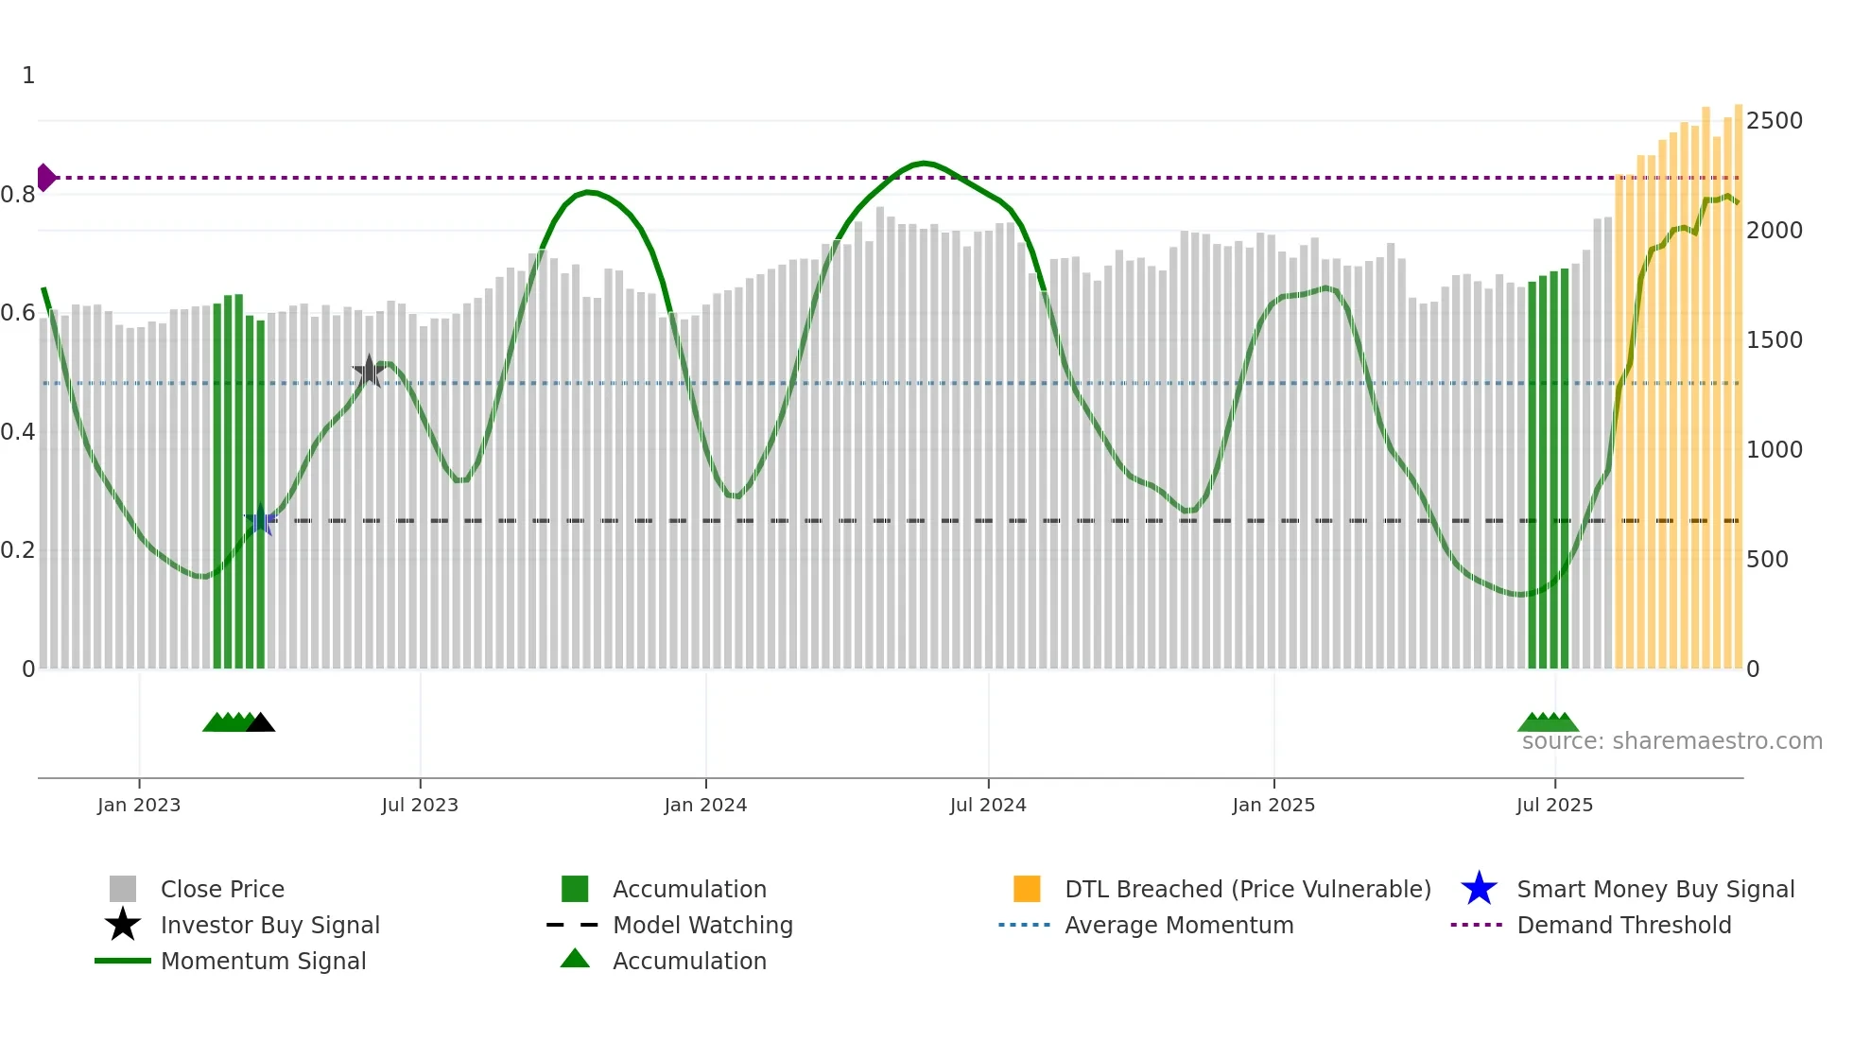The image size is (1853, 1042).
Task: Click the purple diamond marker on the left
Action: pyautogui.click(x=45, y=178)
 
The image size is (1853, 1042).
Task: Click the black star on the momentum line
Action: pyautogui.click(x=369, y=371)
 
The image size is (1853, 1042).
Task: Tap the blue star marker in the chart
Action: pyautogui.click(x=261, y=520)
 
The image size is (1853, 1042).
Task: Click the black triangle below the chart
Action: pyautogui.click(x=260, y=723)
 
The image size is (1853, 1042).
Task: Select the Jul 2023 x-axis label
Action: pyautogui.click(x=420, y=806)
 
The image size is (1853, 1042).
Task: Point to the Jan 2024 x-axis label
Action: pyautogui.click(x=705, y=806)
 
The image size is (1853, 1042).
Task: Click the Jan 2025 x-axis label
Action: pyautogui.click(x=1273, y=806)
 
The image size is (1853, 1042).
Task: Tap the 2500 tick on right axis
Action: pyautogui.click(x=1774, y=121)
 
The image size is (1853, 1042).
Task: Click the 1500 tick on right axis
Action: pyautogui.click(x=1774, y=340)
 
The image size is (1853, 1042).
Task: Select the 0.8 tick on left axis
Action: pyautogui.click(x=18, y=195)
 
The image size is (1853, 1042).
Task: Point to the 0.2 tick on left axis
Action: pyautogui.click(x=18, y=550)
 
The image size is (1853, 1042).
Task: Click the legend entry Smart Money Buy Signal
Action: pyautogui.click(x=1655, y=890)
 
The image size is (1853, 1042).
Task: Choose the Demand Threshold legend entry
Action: pyautogui.click(x=1623, y=926)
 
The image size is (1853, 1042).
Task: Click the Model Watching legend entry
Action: pyautogui.click(x=702, y=926)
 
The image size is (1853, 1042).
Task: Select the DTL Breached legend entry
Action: pyautogui.click(x=1247, y=890)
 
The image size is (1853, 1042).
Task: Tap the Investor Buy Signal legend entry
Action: pyautogui.click(x=269, y=926)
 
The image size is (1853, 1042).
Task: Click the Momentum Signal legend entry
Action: pyautogui.click(x=263, y=962)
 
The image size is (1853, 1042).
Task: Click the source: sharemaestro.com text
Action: pyautogui.click(x=1671, y=741)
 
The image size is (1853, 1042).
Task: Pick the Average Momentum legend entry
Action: pyautogui.click(x=1179, y=926)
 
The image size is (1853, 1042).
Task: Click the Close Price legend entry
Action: pyautogui.click(x=222, y=890)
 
